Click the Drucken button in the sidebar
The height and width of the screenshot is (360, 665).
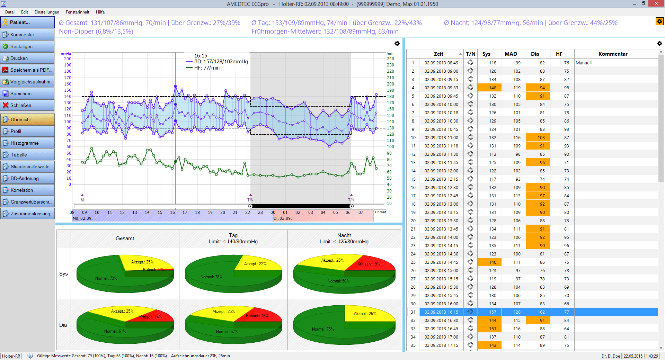(x=27, y=58)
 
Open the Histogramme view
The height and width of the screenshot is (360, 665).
(x=27, y=143)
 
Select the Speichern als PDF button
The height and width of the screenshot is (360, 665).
(x=27, y=70)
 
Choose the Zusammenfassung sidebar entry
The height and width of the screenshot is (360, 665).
(x=27, y=214)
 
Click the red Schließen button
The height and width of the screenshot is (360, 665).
(x=27, y=105)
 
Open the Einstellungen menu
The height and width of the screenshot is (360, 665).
(x=47, y=12)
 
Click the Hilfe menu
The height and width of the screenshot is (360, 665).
(x=100, y=12)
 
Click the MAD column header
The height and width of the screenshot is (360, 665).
(x=511, y=54)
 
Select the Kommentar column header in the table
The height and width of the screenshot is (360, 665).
(x=613, y=54)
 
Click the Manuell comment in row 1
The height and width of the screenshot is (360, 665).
(x=584, y=63)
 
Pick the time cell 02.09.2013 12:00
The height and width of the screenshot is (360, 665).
(x=441, y=171)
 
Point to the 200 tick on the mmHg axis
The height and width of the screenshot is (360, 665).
(x=68, y=59)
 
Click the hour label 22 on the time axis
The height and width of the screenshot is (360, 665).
(x=248, y=213)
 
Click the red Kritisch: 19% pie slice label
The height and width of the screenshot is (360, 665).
(x=369, y=264)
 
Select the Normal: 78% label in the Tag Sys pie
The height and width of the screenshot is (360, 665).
(x=211, y=277)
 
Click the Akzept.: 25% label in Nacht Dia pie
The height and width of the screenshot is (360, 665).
(x=365, y=314)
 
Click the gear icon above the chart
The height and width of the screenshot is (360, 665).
(x=397, y=44)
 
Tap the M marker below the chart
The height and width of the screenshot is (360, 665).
(x=82, y=200)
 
